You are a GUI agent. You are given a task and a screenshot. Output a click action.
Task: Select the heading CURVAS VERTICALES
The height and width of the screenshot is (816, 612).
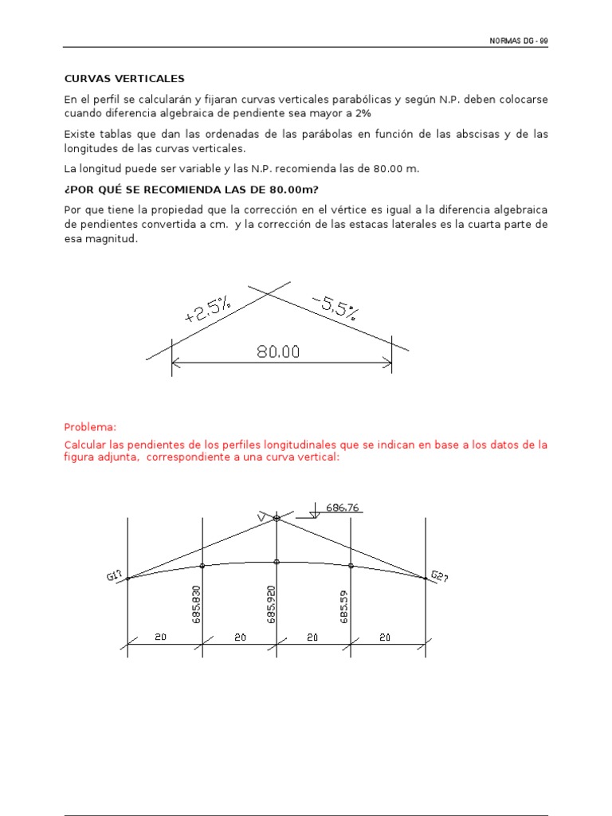point(124,79)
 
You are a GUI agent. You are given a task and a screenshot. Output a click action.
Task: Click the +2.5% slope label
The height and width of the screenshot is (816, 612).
point(208,308)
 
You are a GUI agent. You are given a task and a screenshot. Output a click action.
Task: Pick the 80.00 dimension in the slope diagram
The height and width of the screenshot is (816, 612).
point(278,351)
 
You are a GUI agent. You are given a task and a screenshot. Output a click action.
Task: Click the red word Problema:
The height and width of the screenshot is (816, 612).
point(90,427)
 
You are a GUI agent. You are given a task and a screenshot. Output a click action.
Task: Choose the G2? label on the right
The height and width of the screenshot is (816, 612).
point(439,576)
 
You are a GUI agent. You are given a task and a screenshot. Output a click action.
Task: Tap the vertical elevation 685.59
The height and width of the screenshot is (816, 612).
point(345,606)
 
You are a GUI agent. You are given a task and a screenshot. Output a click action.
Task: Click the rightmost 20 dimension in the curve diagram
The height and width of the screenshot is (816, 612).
point(386,637)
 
